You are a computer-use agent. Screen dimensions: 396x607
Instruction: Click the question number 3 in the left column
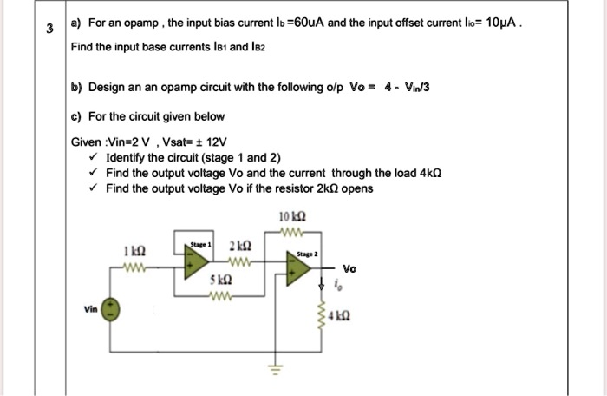click(x=49, y=27)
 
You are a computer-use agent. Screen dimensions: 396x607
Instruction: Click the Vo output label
click(x=349, y=268)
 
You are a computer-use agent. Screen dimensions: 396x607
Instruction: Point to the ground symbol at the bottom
click(x=278, y=369)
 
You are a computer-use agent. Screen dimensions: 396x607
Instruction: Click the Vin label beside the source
click(x=89, y=307)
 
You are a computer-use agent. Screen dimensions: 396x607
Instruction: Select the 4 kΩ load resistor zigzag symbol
click(x=324, y=319)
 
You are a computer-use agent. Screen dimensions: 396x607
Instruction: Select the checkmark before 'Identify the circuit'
click(x=92, y=157)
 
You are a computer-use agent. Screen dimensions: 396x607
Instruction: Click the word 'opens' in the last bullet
click(x=355, y=187)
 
